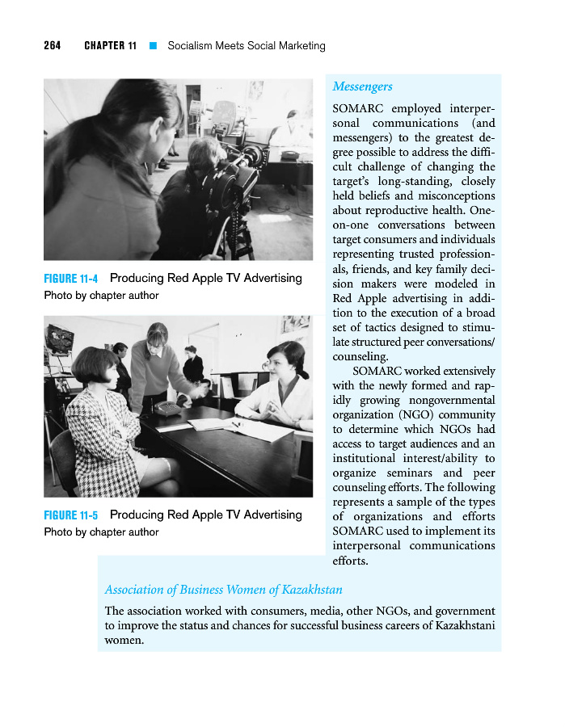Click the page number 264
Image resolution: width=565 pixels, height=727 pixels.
tap(53, 46)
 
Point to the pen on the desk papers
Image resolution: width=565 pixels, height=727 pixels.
tap(236, 424)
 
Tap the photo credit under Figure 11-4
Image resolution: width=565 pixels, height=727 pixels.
tap(101, 296)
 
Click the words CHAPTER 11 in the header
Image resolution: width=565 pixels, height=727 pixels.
tap(110, 46)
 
